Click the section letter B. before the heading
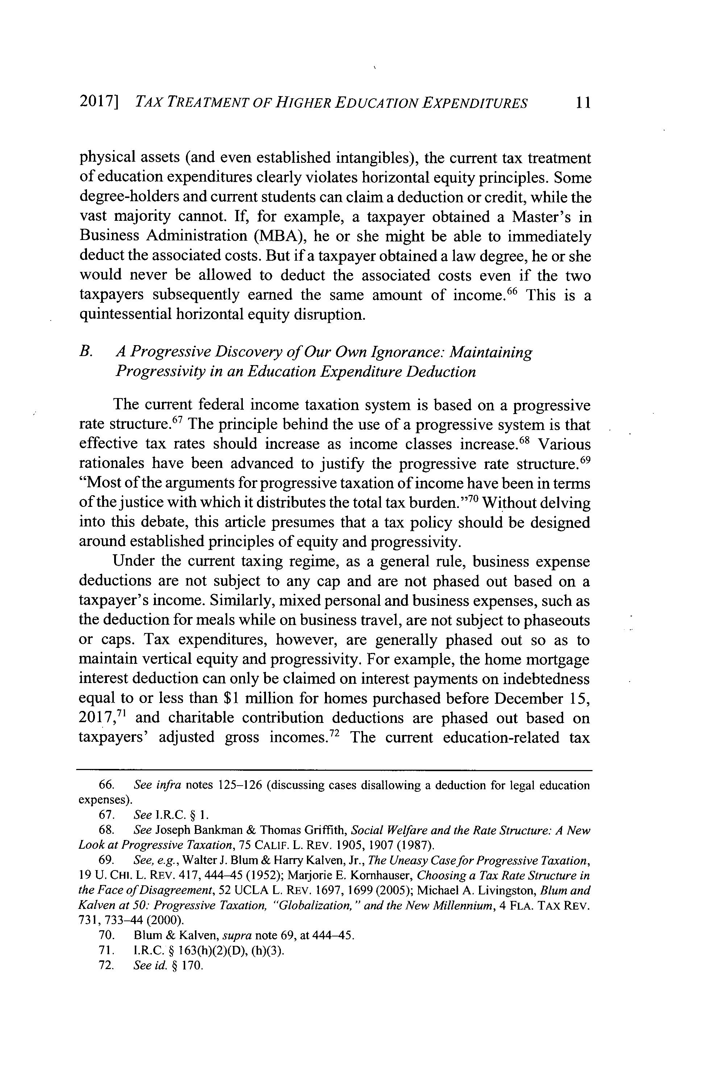click(x=86, y=352)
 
